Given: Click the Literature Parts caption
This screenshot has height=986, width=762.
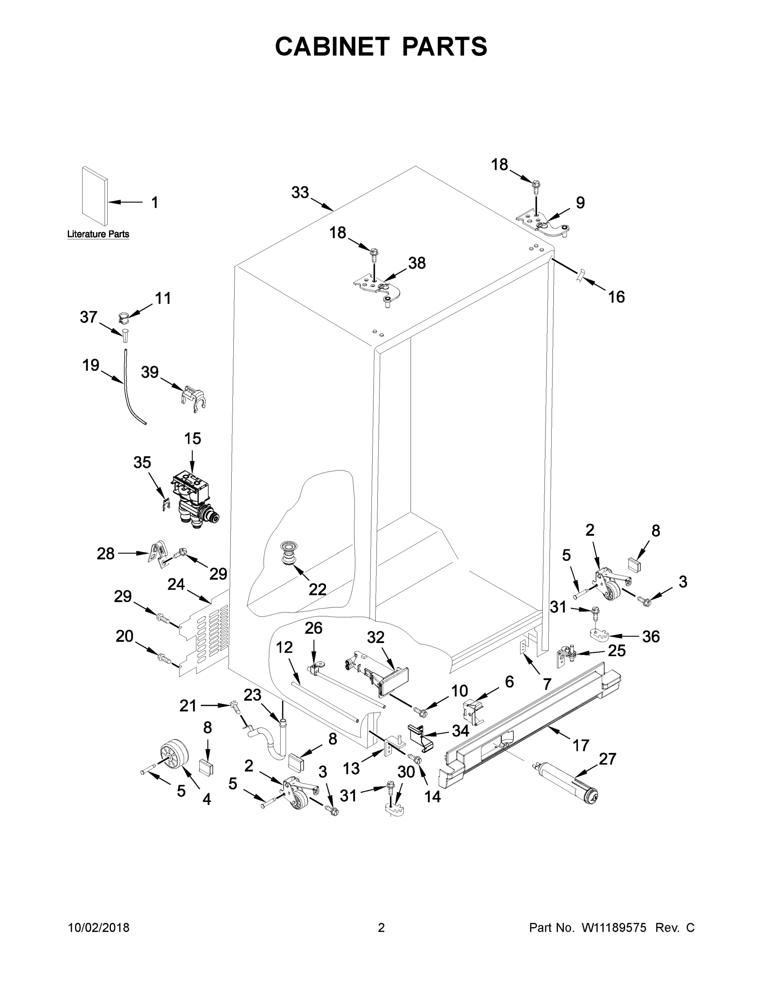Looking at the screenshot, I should coord(98,234).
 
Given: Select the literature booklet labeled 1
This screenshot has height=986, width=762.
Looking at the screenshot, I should coord(95,197).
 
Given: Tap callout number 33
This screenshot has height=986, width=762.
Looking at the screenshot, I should coord(300,193).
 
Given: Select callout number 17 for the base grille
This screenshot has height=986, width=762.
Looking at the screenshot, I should coord(580,745).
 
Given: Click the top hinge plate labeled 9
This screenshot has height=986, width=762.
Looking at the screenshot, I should coord(543,222).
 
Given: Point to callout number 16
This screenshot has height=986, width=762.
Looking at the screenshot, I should coord(617,297).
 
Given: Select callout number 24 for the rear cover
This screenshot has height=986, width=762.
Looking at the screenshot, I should coord(176,584).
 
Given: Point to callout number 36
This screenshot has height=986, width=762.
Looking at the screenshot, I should coord(651,636).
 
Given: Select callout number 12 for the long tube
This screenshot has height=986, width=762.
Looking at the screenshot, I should coord(284,647).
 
